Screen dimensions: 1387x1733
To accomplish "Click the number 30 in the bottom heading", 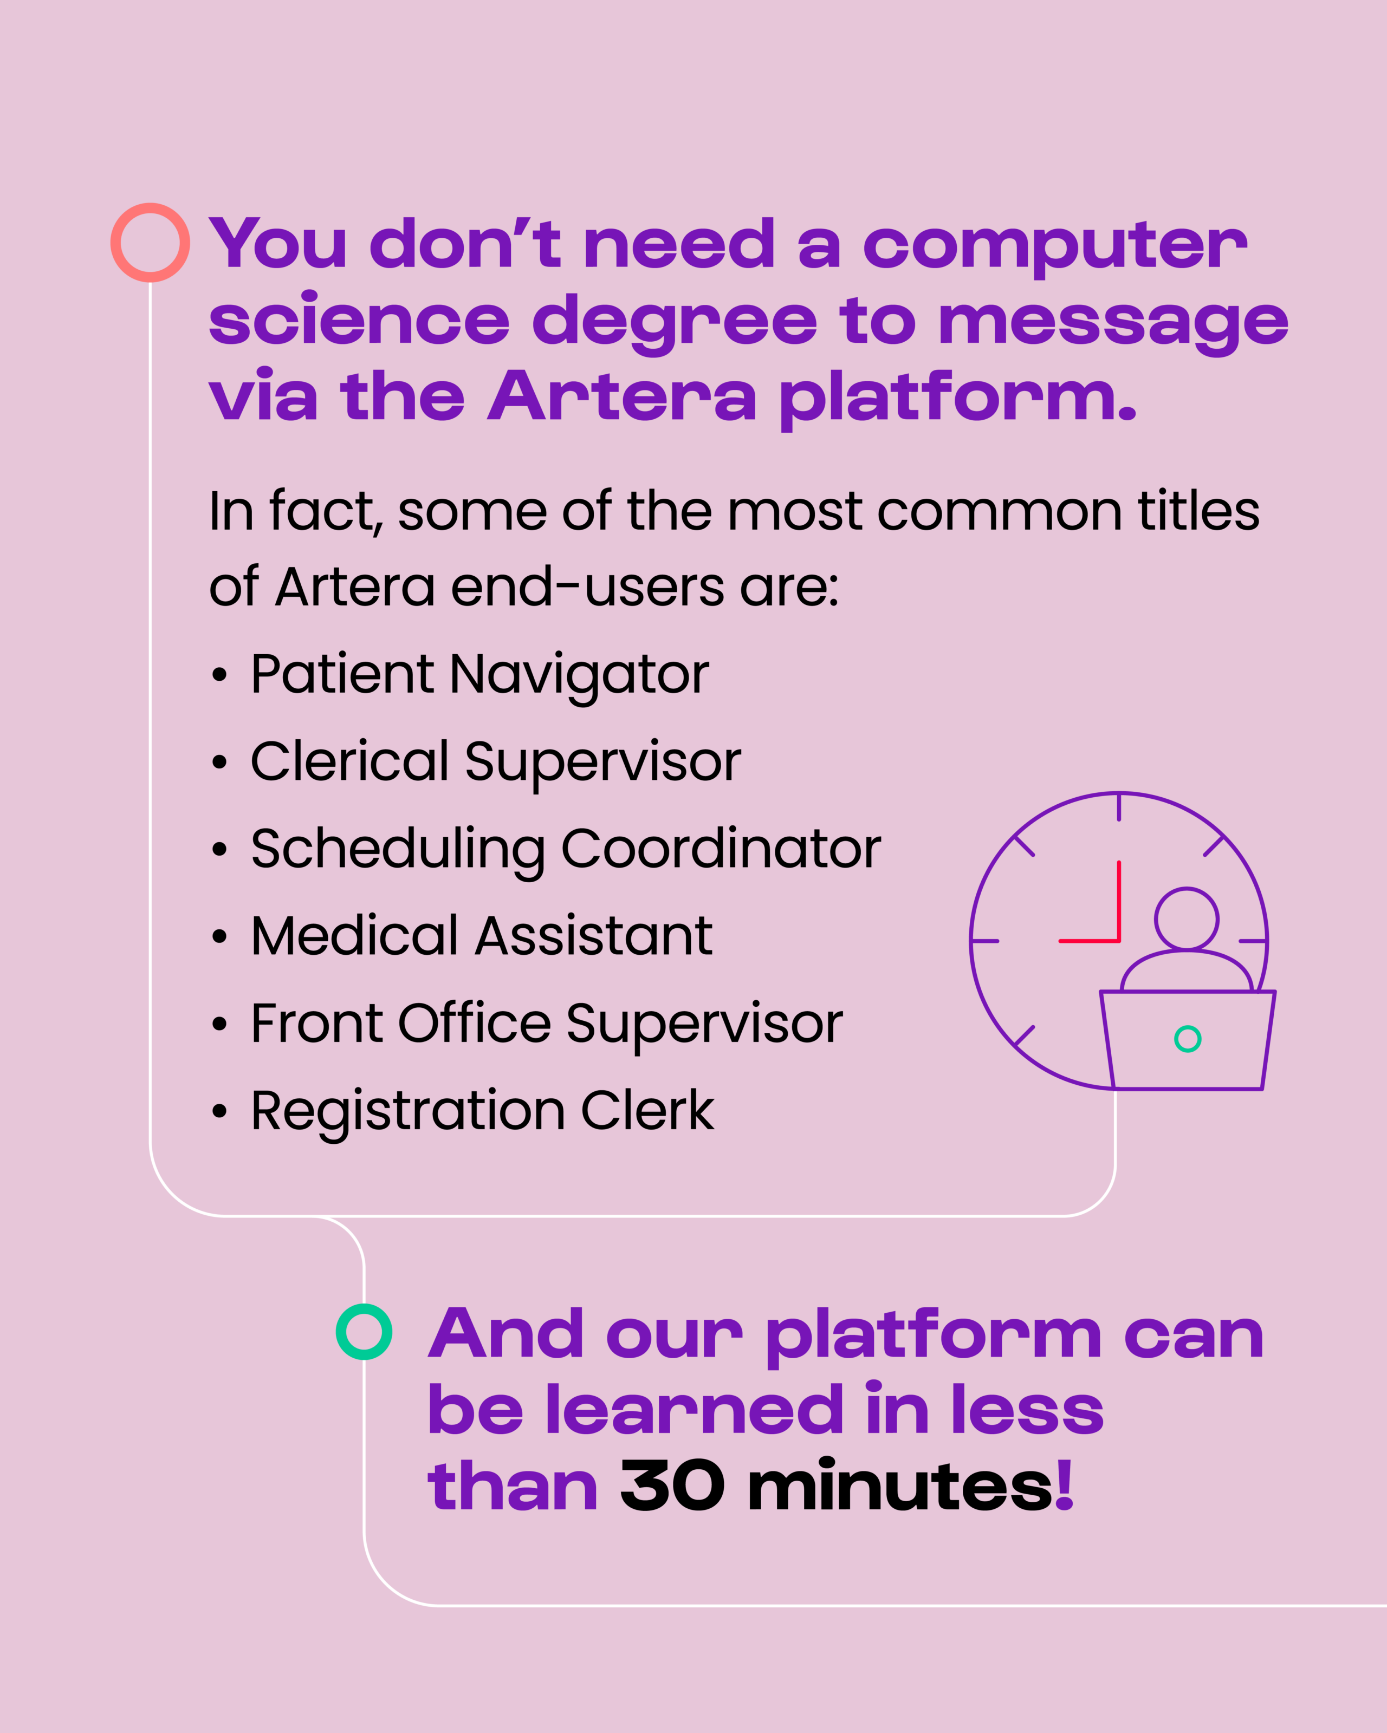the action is (x=672, y=1486).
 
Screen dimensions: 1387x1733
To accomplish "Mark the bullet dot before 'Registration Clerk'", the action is (x=219, y=1112).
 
